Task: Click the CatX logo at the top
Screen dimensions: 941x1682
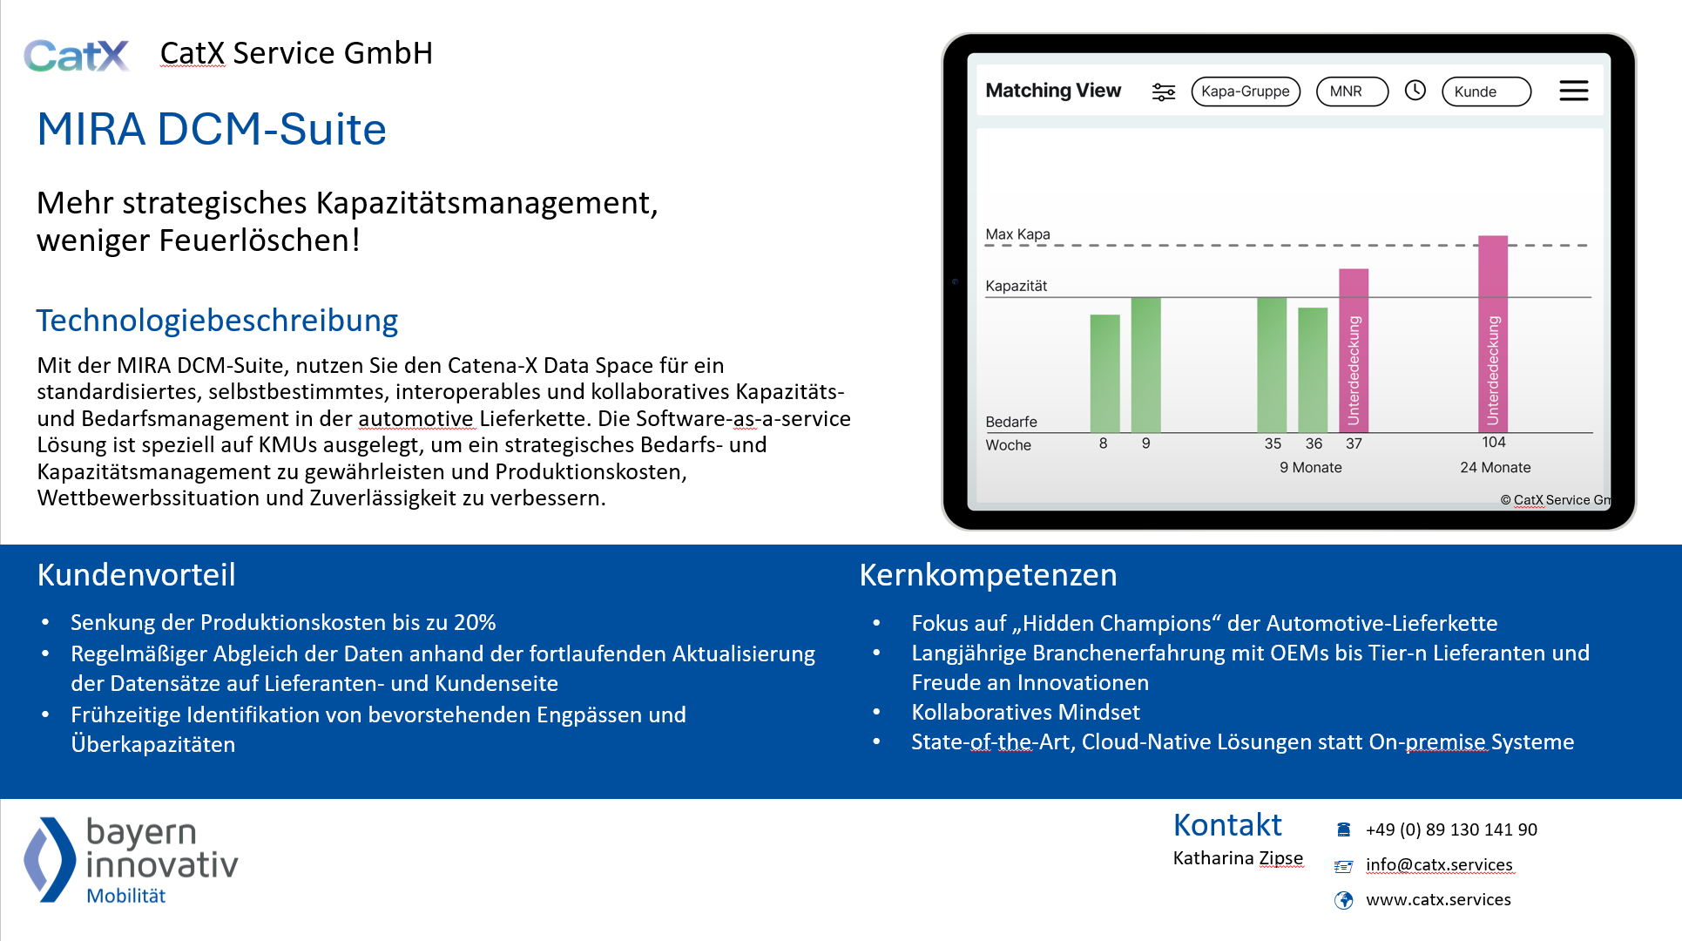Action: click(x=77, y=56)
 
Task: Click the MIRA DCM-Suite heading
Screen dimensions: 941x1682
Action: click(x=212, y=130)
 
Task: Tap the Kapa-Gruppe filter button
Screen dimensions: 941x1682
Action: click(x=1245, y=91)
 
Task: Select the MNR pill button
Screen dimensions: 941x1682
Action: click(x=1351, y=91)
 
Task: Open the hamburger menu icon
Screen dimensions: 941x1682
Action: click(x=1573, y=91)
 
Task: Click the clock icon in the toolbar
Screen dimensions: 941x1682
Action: click(x=1415, y=91)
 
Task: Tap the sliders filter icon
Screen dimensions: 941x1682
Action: click(x=1163, y=91)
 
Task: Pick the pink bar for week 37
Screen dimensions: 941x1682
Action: click(x=1353, y=350)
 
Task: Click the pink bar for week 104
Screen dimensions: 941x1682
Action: click(x=1492, y=333)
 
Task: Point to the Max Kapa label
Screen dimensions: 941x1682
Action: click(x=1017, y=234)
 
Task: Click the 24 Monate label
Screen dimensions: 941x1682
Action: click(x=1495, y=468)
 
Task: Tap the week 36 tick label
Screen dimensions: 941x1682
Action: click(x=1314, y=443)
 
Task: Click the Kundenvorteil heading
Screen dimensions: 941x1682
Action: click(x=136, y=575)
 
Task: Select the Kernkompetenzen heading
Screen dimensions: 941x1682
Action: click(x=988, y=575)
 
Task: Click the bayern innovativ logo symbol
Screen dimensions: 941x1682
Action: click(x=49, y=859)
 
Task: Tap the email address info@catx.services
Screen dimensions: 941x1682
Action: click(x=1438, y=865)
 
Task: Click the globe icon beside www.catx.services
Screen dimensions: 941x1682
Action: click(x=1343, y=900)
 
